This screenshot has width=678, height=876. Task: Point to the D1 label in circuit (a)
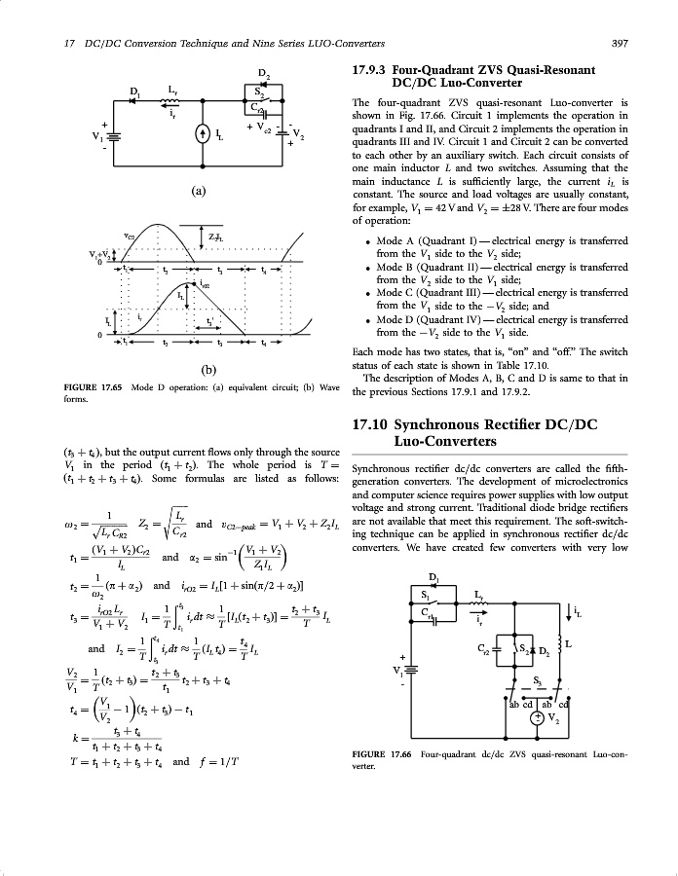135,92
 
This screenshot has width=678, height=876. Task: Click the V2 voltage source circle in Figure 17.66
536,718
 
